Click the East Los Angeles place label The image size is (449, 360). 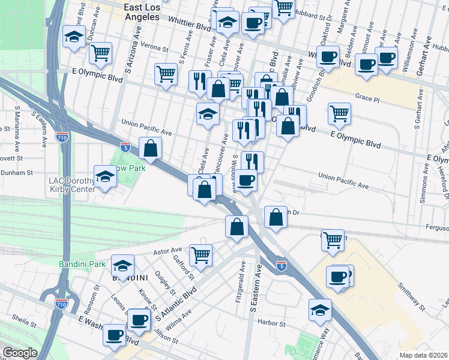coord(142,12)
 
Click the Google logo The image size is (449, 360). coord(19,353)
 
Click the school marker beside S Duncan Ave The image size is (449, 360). coord(74,37)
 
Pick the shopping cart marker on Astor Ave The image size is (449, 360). coord(200,254)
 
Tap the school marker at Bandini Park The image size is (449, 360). coord(122,265)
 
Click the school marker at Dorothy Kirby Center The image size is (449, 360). coord(105,177)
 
